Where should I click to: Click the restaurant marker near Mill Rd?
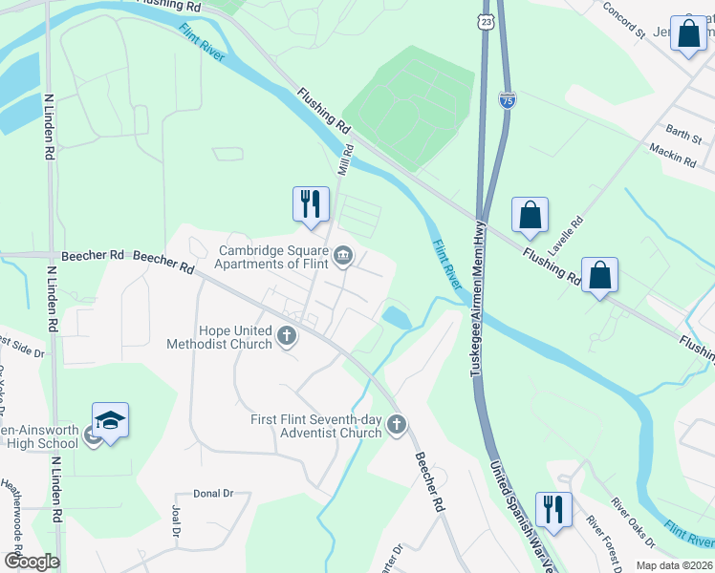[311, 204]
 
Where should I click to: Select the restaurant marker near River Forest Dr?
[552, 510]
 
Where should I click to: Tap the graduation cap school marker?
[111, 421]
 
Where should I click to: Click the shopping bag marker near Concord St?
[688, 35]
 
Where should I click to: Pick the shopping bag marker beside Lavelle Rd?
[530, 216]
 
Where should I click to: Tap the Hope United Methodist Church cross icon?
[286, 335]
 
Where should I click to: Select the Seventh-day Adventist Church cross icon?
[397, 425]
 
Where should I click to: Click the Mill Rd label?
[346, 159]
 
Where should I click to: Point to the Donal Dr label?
[213, 493]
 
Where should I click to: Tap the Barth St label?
[683, 133]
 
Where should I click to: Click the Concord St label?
[627, 21]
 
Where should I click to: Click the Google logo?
[31, 562]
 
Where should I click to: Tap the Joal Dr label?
[175, 521]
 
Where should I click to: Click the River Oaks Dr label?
[634, 523]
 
